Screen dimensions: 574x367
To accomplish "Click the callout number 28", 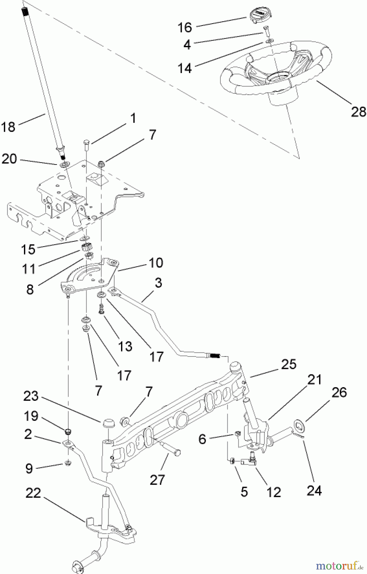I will [358, 112].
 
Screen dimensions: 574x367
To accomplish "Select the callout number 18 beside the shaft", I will [8, 127].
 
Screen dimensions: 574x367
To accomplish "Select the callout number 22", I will [34, 493].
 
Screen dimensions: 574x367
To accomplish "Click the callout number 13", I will [125, 346].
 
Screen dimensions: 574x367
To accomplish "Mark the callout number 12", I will [274, 492].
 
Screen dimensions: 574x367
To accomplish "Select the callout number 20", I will [9, 158].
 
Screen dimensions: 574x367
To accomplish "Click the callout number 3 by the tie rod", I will [158, 282].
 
